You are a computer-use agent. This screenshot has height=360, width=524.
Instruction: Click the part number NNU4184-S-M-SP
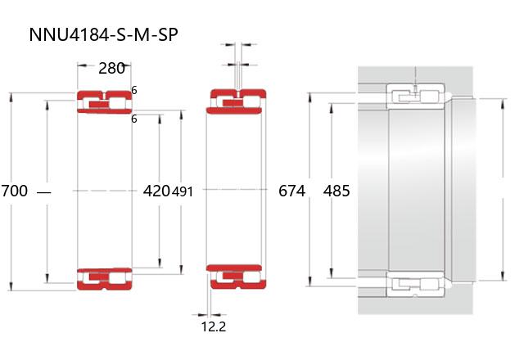[103, 34]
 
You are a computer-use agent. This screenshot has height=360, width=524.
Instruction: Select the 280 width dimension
[111, 68]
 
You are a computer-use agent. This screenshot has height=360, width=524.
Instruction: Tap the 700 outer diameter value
[15, 191]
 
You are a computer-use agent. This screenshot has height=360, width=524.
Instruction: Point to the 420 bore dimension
[156, 191]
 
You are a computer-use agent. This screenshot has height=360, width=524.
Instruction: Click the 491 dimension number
[183, 191]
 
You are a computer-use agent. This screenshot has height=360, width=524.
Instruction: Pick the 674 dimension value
[291, 191]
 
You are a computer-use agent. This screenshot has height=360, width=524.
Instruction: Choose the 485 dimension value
[337, 191]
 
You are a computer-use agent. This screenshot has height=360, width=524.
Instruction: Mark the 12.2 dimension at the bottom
[214, 326]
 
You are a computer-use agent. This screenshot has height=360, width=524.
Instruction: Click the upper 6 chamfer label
[134, 90]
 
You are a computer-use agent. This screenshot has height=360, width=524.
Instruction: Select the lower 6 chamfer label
[134, 119]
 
